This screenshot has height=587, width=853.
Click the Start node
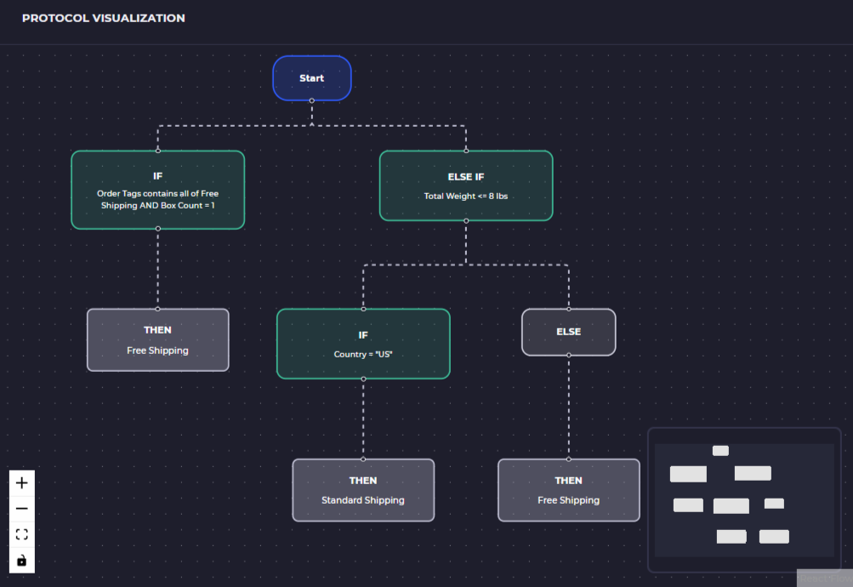(311, 78)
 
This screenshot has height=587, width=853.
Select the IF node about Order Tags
(157, 190)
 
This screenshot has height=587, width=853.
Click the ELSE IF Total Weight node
(465, 185)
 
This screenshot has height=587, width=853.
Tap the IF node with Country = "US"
(363, 344)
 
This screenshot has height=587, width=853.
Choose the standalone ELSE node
(568, 332)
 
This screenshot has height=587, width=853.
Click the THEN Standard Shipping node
(363, 490)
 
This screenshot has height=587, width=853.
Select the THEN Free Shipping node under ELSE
(568, 490)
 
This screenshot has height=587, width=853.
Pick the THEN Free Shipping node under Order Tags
(157, 339)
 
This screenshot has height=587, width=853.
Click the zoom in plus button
(22, 483)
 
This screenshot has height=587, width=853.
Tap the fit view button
(22, 534)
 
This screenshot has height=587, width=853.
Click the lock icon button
(22, 560)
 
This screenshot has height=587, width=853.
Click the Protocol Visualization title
(103, 18)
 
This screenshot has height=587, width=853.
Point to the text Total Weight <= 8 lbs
(465, 197)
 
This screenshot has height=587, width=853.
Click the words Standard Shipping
(363, 500)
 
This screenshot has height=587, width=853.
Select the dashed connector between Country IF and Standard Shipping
(363, 419)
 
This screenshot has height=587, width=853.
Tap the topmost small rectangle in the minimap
(720, 451)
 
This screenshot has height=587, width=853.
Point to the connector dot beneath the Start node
(312, 101)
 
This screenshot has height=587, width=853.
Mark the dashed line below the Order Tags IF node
(157, 269)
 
